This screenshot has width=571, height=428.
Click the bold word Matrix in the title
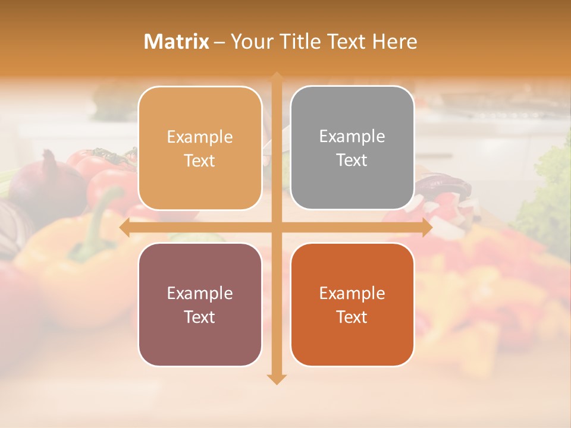click(x=177, y=42)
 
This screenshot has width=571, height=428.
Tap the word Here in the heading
click(x=394, y=42)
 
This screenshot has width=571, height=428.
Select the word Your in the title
click(x=250, y=42)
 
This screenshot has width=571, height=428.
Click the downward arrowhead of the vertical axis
click(x=277, y=379)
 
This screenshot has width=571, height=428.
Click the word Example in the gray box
click(x=352, y=136)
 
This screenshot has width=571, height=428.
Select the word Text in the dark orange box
click(x=352, y=317)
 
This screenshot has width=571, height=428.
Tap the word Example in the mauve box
click(x=200, y=293)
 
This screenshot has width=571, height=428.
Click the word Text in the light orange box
click(x=200, y=160)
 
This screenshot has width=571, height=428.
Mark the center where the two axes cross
click(x=277, y=228)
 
